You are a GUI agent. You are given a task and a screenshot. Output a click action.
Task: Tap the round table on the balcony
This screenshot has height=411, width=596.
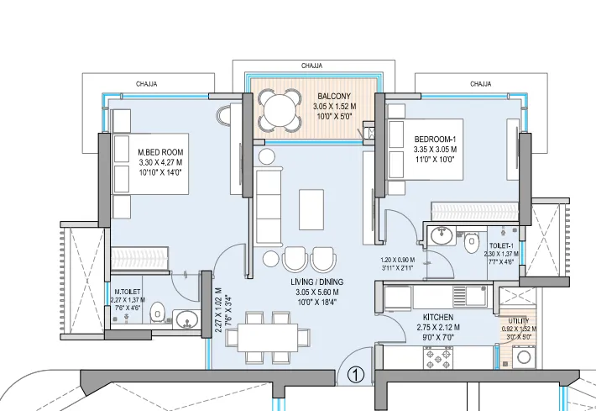(x=280, y=109)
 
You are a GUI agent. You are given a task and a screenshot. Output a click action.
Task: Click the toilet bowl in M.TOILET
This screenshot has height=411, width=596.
(x=157, y=314)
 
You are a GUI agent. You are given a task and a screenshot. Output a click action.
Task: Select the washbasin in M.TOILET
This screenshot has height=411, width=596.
(x=186, y=319)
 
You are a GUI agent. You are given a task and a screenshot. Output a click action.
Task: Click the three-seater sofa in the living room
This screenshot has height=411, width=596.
(x=269, y=206)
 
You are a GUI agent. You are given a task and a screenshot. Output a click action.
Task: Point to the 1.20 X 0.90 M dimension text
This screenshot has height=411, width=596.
(x=399, y=261)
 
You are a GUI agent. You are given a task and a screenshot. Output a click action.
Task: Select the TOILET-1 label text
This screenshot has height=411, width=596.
(x=503, y=243)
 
